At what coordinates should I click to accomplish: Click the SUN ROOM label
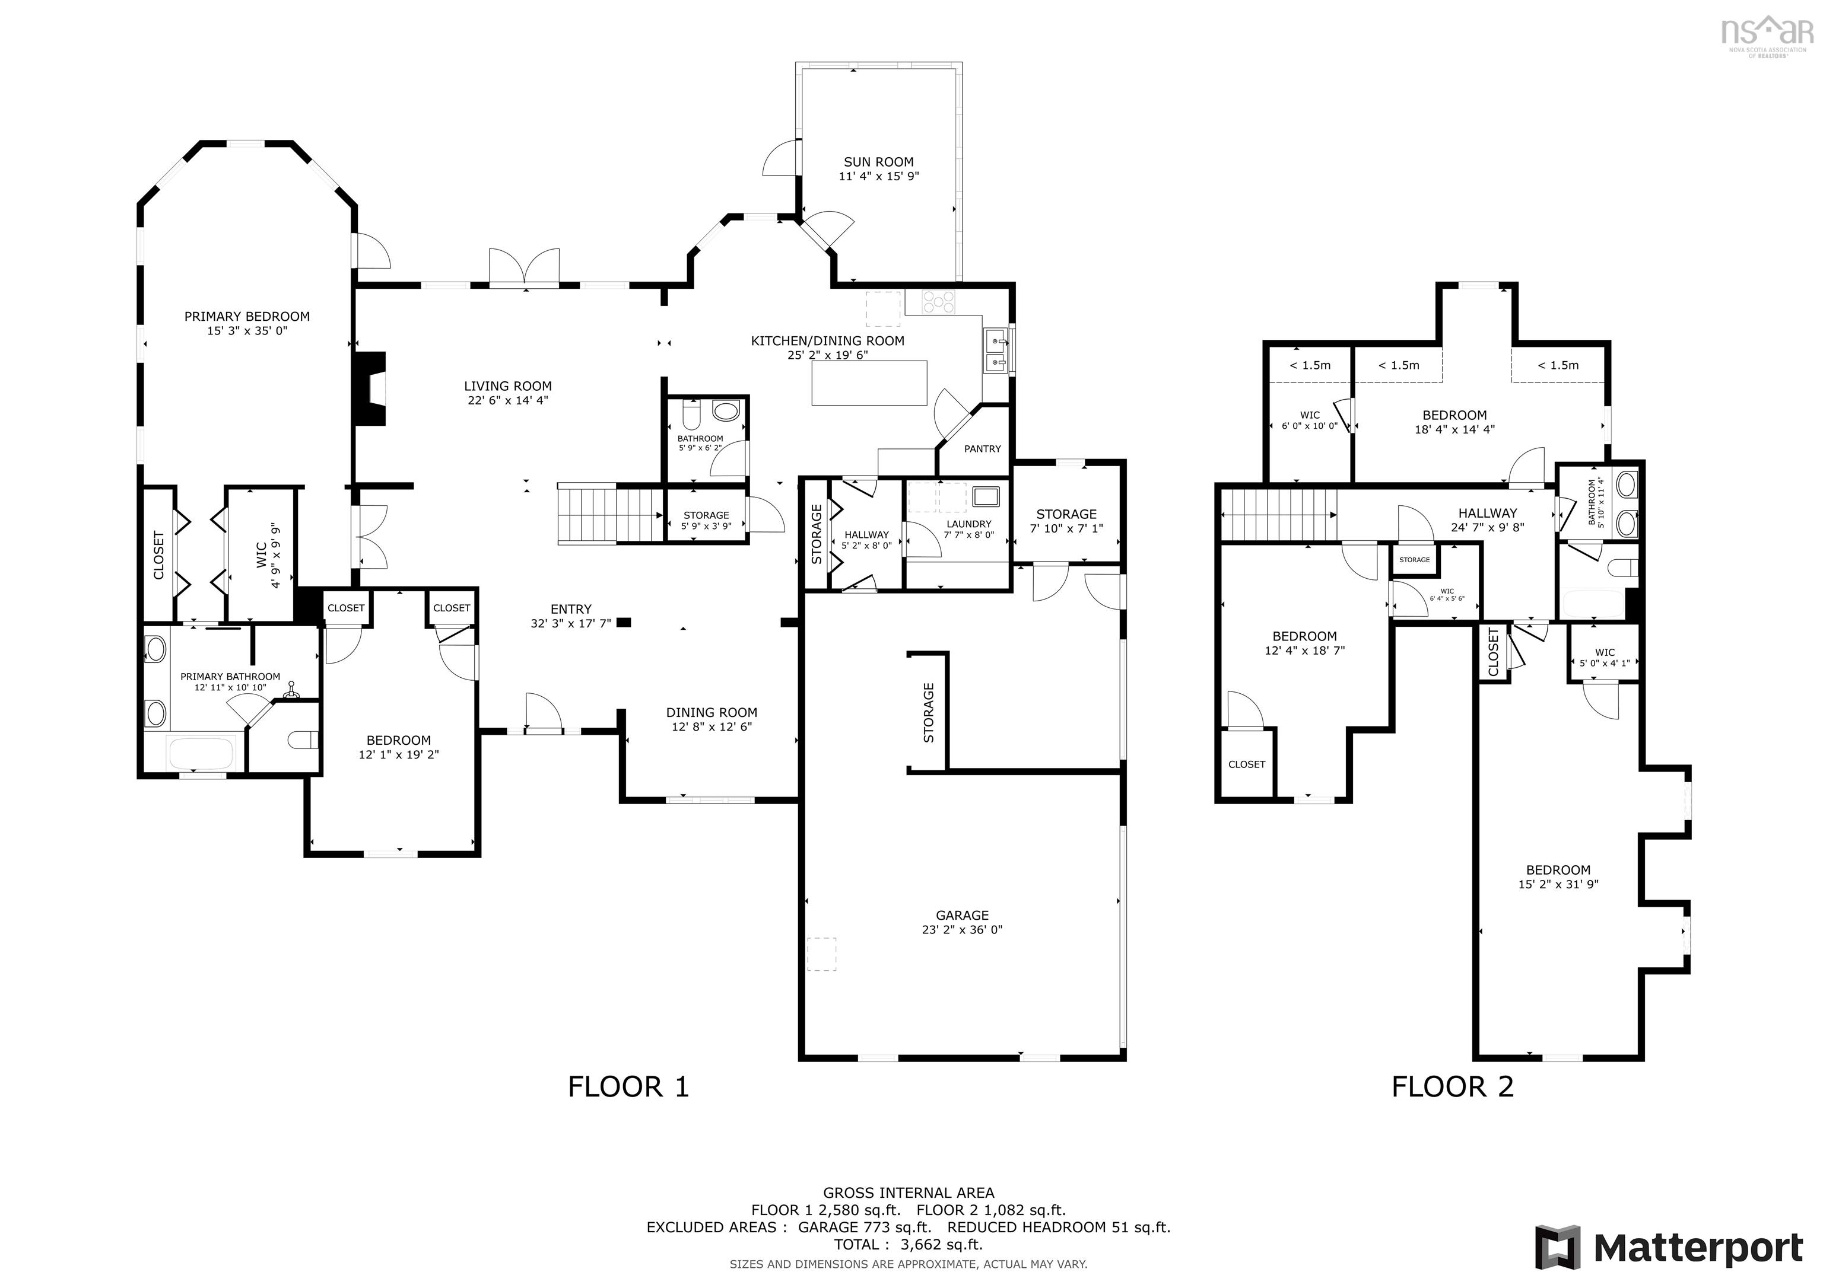(878, 162)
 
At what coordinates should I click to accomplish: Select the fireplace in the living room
(370, 389)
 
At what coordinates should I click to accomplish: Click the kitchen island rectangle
(869, 382)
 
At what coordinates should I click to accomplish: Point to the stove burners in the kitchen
(938, 302)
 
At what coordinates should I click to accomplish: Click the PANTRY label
(982, 449)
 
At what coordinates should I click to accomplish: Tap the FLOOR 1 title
(628, 1086)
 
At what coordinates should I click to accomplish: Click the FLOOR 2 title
(1452, 1086)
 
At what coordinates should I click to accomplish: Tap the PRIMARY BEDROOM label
(247, 317)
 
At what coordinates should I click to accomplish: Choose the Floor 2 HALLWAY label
(1487, 514)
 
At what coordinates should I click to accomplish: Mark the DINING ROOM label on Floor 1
(712, 713)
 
